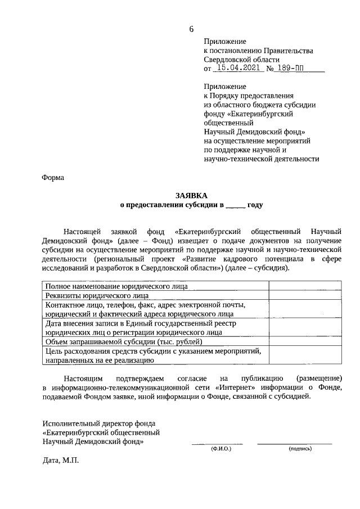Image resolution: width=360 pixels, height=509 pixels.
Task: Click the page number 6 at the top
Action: click(x=191, y=29)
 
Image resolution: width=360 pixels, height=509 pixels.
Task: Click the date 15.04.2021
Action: click(x=236, y=69)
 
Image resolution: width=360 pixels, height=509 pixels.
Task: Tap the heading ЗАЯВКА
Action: click(x=191, y=195)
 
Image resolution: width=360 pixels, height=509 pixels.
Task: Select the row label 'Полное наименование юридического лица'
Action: click(x=116, y=286)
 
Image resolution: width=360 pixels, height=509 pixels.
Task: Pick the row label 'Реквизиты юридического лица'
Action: click(x=97, y=295)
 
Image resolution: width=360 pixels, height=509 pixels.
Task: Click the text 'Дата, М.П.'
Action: click(x=61, y=461)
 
